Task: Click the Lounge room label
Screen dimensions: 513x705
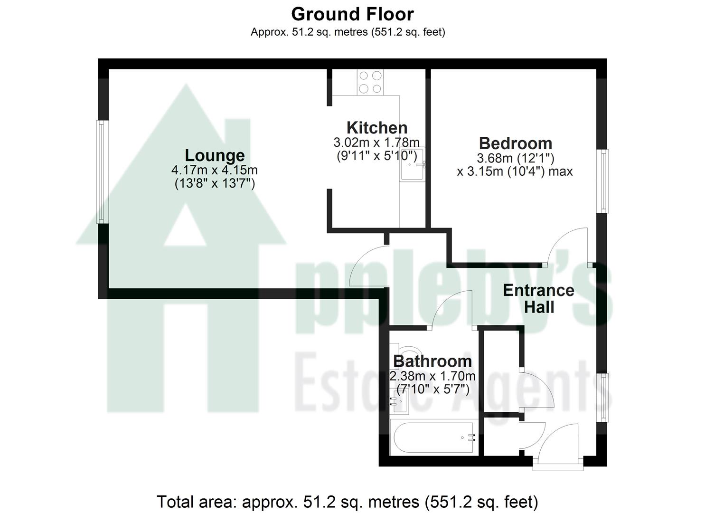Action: point(215,155)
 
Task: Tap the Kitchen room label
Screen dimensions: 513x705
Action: point(377,128)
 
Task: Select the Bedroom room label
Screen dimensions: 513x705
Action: point(515,143)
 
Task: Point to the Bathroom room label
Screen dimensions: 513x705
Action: point(432,361)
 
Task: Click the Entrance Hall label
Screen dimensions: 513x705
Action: point(538,299)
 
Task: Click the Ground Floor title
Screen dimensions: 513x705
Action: point(352,14)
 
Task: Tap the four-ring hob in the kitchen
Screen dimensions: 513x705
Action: point(370,82)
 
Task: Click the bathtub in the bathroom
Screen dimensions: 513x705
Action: point(433,437)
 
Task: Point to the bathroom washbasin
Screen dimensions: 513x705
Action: point(396,401)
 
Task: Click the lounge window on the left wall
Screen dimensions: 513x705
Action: point(101,171)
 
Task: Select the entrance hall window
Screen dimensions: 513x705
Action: point(604,398)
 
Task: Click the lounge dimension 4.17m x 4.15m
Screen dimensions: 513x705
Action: point(215,170)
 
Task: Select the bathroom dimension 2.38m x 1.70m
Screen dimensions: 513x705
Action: point(432,377)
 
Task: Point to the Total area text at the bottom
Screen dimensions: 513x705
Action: point(348,502)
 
